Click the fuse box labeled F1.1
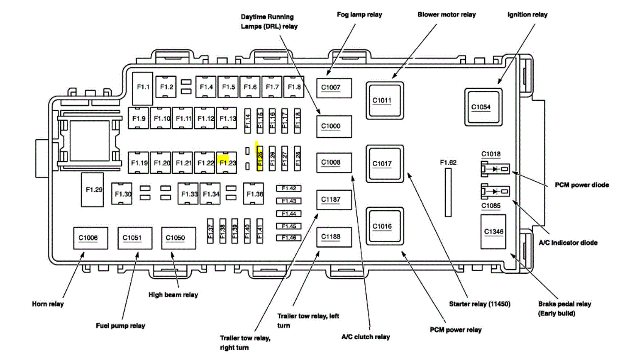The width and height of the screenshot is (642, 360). (x=143, y=88)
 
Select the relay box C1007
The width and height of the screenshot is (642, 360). (x=334, y=88)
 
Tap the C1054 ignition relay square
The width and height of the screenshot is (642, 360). (x=483, y=107)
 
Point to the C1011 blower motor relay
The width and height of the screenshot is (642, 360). (x=384, y=101)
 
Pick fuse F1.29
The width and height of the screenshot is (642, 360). (x=93, y=190)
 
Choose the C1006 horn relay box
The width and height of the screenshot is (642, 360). (x=90, y=238)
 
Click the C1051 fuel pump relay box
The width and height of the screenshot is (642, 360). (x=134, y=238)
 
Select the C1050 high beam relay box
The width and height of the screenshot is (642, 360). (x=178, y=238)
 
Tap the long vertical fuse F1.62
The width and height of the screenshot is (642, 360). (x=448, y=192)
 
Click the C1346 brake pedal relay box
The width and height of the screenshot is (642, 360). (x=493, y=232)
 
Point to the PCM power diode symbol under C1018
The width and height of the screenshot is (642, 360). (x=495, y=169)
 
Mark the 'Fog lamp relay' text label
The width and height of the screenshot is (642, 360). (x=359, y=15)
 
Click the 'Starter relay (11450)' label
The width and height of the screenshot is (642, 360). (x=479, y=304)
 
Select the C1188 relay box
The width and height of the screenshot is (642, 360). (x=334, y=237)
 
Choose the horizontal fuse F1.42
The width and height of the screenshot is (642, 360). (x=288, y=188)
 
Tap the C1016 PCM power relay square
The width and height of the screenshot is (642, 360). (x=384, y=226)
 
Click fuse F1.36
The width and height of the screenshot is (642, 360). (x=253, y=194)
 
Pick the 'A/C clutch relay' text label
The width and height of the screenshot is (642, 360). (x=365, y=337)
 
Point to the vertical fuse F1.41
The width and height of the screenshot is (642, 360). (x=260, y=231)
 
